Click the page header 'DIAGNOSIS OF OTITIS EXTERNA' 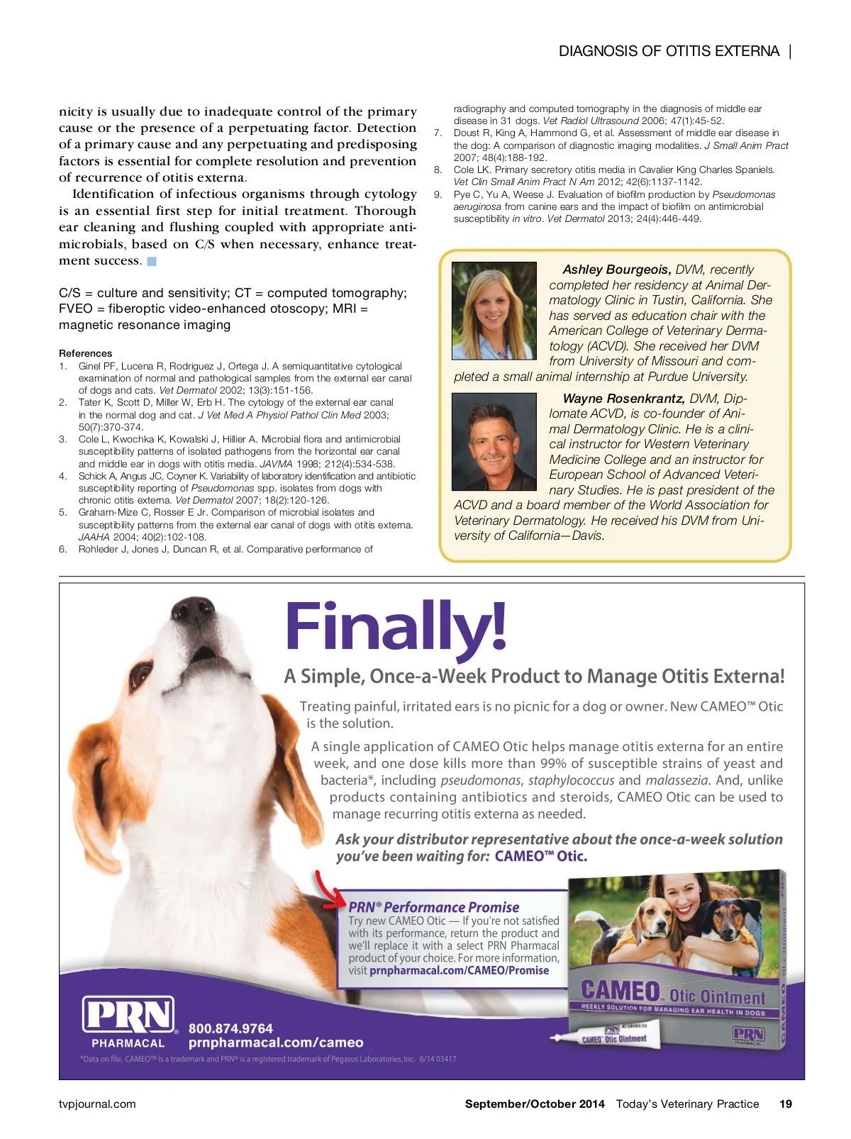tap(669, 51)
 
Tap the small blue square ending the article tap(152, 261)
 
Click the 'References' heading tap(85, 353)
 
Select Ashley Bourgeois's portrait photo tap(494, 311)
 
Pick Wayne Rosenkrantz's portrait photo tap(494, 441)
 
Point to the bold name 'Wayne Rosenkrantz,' tap(623, 399)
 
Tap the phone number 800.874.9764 tap(230, 1028)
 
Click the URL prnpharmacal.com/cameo tap(276, 1043)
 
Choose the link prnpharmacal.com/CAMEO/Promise tap(459, 970)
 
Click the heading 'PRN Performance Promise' tap(433, 907)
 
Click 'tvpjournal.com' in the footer tap(97, 1104)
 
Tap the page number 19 tap(786, 1104)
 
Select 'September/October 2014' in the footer tap(535, 1104)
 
